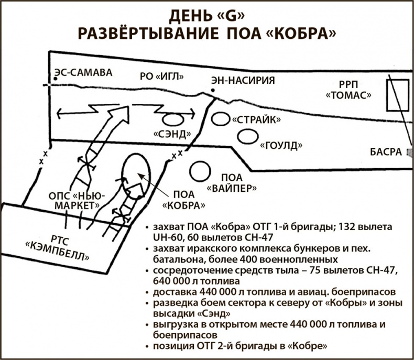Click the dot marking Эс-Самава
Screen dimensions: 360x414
coord(54,80)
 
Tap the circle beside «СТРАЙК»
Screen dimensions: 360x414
coord(221,118)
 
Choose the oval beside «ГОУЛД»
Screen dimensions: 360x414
coord(246,136)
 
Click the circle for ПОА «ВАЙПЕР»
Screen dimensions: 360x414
coord(200,170)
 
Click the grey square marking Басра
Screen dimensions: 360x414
coord(410,152)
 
